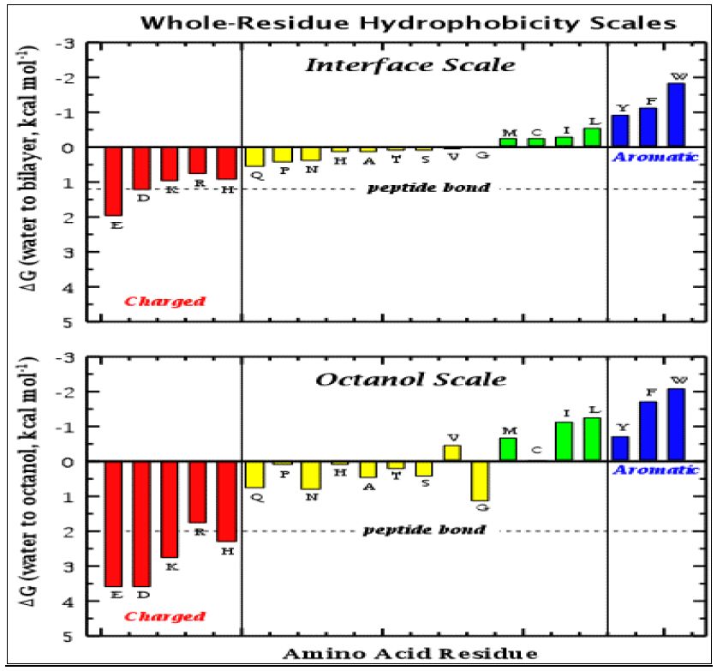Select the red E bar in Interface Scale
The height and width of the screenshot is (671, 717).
point(113,181)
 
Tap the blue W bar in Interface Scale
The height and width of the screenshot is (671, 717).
point(677,115)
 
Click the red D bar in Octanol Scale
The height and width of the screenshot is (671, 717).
point(141,523)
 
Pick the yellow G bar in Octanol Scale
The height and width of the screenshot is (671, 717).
point(480,481)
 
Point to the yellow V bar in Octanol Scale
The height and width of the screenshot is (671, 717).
point(451,453)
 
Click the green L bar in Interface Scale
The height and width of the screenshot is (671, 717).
point(592,137)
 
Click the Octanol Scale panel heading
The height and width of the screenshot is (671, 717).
point(423,379)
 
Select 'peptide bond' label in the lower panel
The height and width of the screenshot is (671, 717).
point(424,530)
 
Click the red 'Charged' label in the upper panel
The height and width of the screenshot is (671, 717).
point(164,301)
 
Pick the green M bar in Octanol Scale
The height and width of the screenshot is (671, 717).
point(508,450)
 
